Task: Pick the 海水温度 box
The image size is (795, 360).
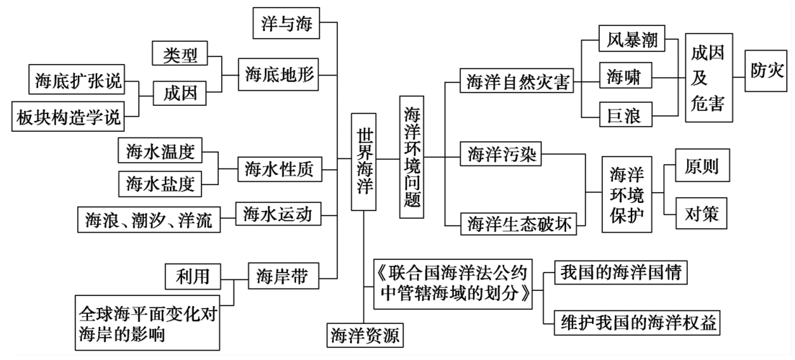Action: click(x=160, y=151)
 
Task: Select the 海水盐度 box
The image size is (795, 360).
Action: click(x=160, y=183)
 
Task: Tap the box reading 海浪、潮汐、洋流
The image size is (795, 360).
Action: click(x=149, y=219)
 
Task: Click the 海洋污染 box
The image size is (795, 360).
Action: click(x=501, y=153)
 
